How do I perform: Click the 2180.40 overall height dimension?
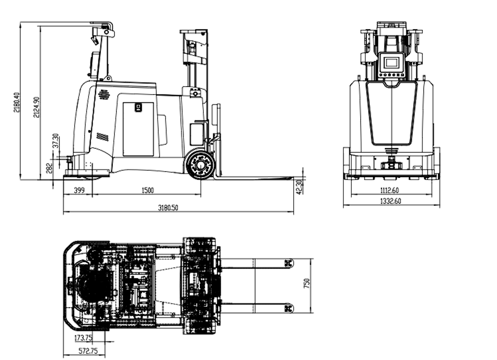click(16, 102)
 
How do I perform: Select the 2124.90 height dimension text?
click(36, 107)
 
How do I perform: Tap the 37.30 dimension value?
click(56, 141)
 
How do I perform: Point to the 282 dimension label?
click(49, 168)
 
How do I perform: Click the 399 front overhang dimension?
click(79, 190)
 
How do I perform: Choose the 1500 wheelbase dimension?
click(148, 190)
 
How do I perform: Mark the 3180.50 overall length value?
click(168, 208)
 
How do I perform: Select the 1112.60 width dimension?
click(390, 190)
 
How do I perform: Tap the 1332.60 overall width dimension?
click(391, 201)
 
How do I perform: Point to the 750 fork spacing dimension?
click(307, 283)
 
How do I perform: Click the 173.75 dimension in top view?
click(83, 338)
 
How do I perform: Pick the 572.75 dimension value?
click(88, 351)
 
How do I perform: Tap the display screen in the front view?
click(392, 63)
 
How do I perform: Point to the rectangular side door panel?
click(138, 129)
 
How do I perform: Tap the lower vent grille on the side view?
click(102, 137)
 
